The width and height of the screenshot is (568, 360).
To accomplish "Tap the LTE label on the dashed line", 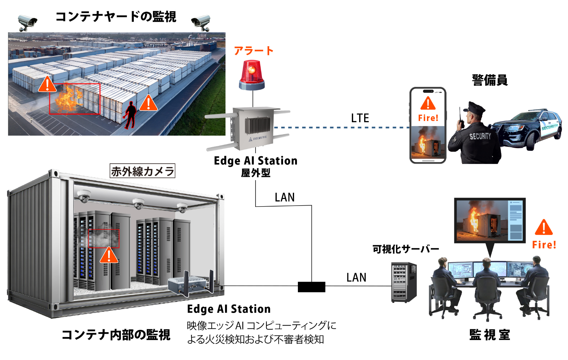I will [360, 118].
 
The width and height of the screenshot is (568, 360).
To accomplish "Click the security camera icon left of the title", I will [27, 22].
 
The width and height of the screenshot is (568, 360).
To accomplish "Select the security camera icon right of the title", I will [201, 22].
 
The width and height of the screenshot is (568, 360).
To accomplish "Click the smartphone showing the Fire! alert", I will [428, 125].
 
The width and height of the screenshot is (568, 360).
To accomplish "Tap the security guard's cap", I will [473, 108].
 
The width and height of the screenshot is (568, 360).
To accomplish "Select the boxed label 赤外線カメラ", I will [142, 171].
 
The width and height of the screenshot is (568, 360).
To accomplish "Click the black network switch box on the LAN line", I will [311, 287].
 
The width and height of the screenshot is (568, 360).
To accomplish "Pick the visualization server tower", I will [404, 282].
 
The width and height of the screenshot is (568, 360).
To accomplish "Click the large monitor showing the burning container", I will [490, 220].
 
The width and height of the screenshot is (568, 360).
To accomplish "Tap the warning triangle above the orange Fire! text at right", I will [544, 227].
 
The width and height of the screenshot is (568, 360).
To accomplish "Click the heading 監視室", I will [489, 335].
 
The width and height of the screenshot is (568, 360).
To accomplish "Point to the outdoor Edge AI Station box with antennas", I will [252, 128].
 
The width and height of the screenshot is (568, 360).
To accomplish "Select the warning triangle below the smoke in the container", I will [109, 255].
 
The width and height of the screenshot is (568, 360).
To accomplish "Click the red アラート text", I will [254, 51].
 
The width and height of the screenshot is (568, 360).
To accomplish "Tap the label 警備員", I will [490, 80].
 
